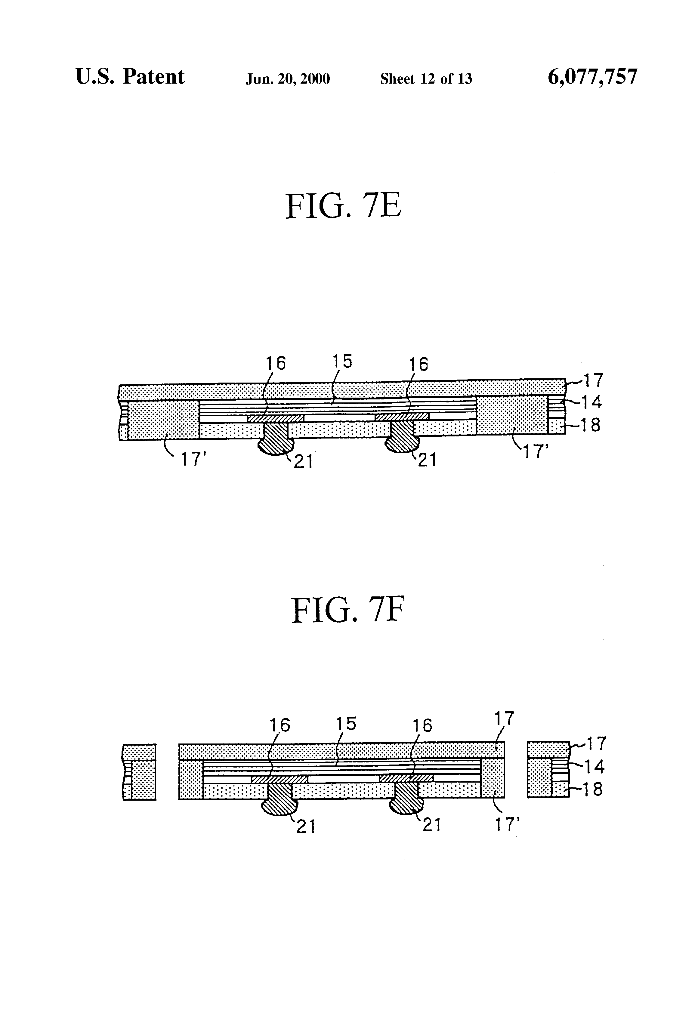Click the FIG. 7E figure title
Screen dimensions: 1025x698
343,206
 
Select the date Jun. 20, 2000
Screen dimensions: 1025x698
288,79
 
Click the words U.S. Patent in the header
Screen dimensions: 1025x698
130,77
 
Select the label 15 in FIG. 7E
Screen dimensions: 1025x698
342,362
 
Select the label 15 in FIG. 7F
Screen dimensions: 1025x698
346,724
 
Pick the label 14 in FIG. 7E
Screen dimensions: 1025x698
591,402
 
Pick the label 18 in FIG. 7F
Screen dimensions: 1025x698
592,789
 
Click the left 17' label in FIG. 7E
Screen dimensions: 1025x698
194,460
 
